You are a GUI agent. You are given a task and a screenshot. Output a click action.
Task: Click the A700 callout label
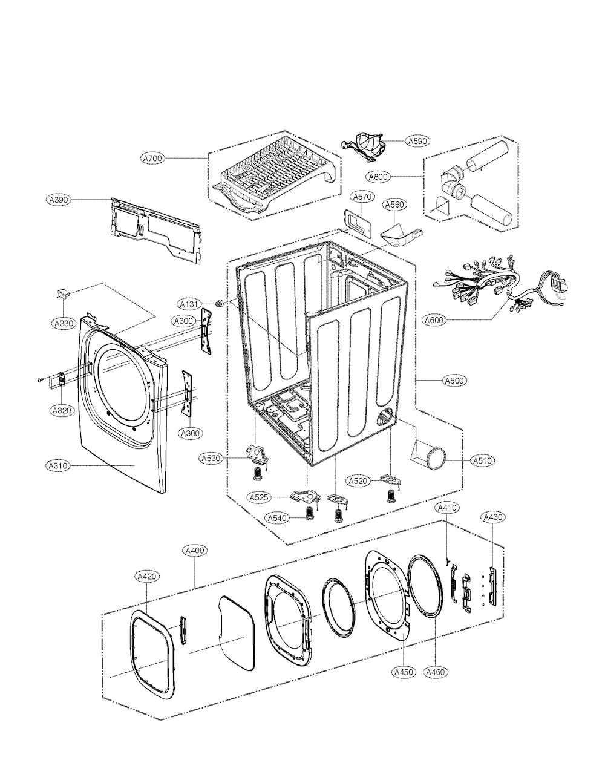(152, 158)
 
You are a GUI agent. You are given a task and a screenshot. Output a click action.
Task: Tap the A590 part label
(418, 140)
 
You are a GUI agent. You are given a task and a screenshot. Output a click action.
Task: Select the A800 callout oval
(378, 177)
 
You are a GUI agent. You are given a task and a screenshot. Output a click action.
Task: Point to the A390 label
(59, 199)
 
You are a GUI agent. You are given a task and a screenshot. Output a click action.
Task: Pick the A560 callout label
(394, 205)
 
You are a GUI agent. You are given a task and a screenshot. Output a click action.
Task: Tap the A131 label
(189, 304)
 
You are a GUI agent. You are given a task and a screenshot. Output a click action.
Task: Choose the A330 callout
(64, 323)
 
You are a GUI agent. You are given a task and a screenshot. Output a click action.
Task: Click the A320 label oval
(62, 410)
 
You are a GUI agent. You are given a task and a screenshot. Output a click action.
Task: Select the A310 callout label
(58, 466)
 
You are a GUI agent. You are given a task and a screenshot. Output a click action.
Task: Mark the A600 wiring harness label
(434, 320)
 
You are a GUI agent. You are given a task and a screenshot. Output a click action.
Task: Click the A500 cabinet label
(454, 380)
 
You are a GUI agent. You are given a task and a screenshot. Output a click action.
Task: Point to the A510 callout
(483, 460)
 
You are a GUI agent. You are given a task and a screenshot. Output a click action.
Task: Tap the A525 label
(260, 497)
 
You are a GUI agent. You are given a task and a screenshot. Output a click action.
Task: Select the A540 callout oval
(277, 518)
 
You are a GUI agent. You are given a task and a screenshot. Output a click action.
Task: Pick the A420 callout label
(147, 577)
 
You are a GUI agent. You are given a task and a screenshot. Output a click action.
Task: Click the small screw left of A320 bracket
(39, 379)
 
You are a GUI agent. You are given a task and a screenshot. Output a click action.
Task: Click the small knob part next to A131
(218, 303)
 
